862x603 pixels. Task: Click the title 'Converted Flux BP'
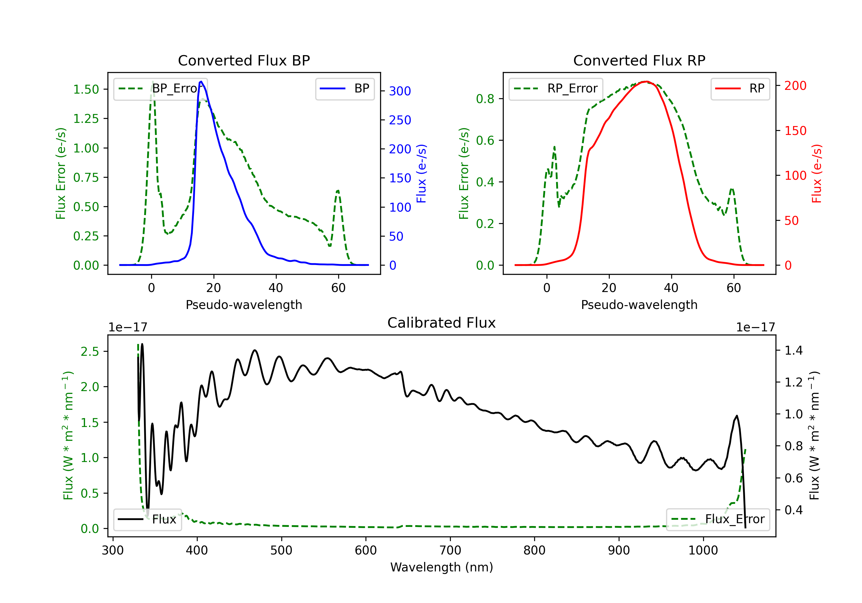[244, 60]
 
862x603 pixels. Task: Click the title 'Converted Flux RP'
[639, 60]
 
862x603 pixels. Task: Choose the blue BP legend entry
[345, 88]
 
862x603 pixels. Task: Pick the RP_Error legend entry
[556, 88]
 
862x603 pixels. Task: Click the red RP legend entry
[740, 88]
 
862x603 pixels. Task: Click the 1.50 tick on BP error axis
[86, 89]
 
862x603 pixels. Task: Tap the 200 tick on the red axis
[795, 86]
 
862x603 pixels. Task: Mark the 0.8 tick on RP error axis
[485, 99]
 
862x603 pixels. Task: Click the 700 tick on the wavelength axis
[450, 550]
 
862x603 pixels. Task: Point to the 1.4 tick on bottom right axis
[794, 351]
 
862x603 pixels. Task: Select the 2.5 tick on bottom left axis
[90, 351]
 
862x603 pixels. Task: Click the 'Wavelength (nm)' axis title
[442, 567]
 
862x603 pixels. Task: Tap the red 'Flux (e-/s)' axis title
[817, 174]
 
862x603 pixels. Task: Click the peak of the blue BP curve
[201, 82]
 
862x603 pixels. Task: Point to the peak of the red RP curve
[645, 82]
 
